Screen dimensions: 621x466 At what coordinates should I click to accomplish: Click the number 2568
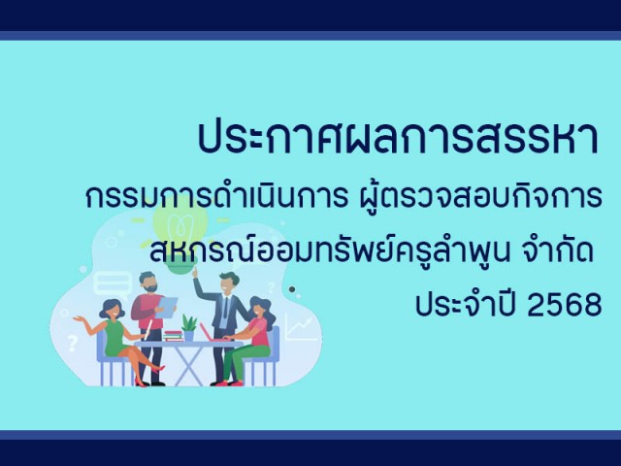[565, 306]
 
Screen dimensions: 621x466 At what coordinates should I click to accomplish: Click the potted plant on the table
[189, 328]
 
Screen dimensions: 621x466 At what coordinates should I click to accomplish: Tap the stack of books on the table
[173, 336]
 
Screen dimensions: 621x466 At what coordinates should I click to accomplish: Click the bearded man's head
[148, 282]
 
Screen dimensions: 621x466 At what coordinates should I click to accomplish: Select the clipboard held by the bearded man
[166, 308]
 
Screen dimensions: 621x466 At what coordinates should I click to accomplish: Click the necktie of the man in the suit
[225, 307]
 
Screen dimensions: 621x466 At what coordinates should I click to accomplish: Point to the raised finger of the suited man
[194, 271]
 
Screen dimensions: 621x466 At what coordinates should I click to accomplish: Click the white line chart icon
[300, 328]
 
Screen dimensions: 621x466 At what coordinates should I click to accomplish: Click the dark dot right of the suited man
[292, 289]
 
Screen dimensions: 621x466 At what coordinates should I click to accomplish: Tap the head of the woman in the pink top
[259, 309]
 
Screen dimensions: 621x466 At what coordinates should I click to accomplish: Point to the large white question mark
[72, 343]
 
